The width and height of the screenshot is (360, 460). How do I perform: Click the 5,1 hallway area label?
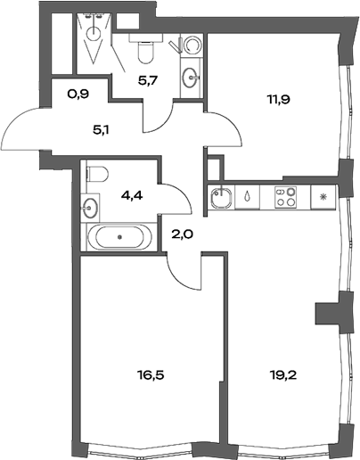coord(103,128)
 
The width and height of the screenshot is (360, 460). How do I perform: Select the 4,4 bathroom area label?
coord(120,190)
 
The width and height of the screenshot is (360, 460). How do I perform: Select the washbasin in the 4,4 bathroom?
coord(91,209)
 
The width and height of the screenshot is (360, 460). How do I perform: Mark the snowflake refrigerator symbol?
coord(323,194)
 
